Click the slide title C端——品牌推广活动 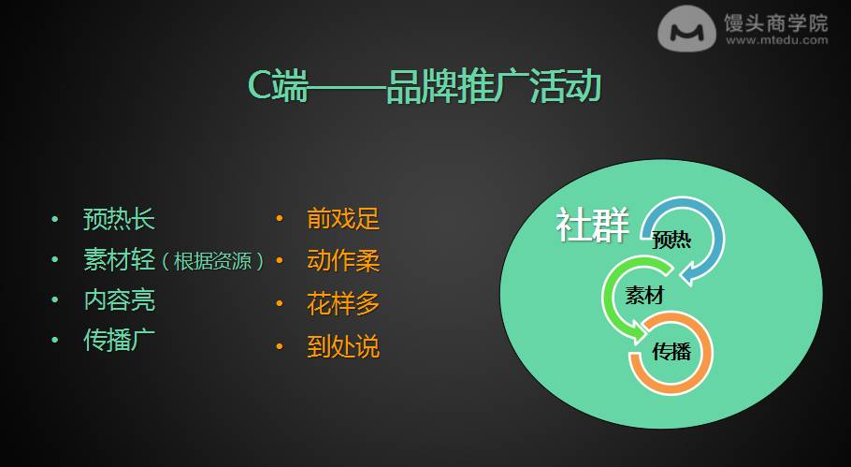pos(425,86)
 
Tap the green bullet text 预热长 pos(119,219)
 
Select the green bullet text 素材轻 pos(119,260)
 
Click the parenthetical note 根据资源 pos(213,261)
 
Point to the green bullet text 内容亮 pos(119,300)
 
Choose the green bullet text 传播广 pos(119,341)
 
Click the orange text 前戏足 pos(343,218)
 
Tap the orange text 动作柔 pos(343,261)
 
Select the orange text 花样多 pos(343,303)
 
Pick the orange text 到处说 pos(343,346)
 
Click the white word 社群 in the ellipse pos(592,225)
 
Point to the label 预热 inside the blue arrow pos(671,240)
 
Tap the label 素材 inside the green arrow pos(644,296)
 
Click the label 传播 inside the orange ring pos(671,352)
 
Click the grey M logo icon pos(686,29)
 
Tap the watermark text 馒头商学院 pos(776,22)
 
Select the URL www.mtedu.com pos(776,39)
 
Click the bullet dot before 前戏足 pos(280,218)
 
